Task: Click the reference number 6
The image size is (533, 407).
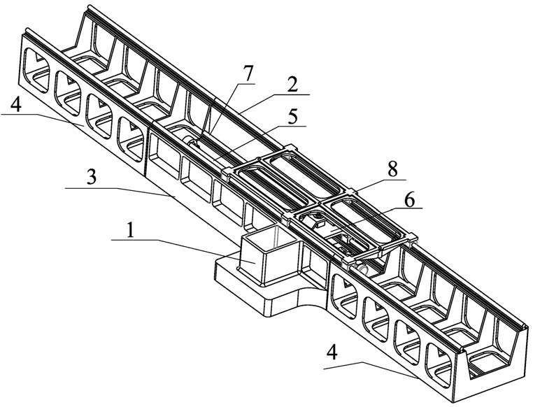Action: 408,199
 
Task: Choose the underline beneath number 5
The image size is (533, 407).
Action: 287,127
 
